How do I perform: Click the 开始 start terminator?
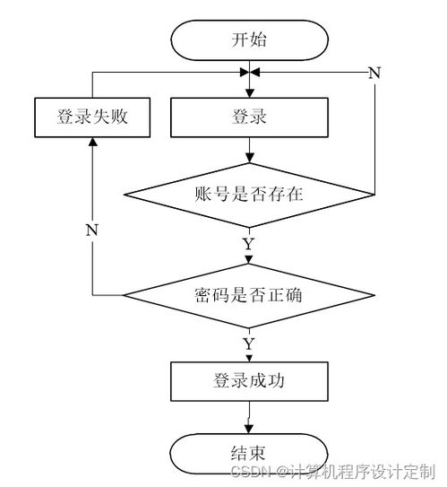pos(249,40)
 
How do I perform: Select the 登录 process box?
pos(249,117)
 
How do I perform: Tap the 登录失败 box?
pos(92,117)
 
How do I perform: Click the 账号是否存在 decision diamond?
pos(249,195)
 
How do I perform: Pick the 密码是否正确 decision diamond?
pos(249,295)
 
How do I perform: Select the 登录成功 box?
pos(249,381)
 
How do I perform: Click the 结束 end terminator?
pos(249,454)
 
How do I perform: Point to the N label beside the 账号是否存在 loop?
pos(374,73)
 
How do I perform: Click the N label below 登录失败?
pos(92,230)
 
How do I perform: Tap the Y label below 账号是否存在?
pos(249,244)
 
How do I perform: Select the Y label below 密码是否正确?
pos(249,344)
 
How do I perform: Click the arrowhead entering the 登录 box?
pos(249,93)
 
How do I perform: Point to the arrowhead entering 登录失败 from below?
pos(93,142)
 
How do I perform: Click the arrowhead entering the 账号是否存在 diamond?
pos(249,159)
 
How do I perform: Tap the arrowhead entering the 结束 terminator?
pos(249,430)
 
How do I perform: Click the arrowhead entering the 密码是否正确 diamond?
pos(249,259)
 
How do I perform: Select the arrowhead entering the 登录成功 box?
pos(249,359)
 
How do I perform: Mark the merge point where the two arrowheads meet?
pos(249,73)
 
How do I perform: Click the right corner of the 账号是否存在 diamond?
pos(374,195)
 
